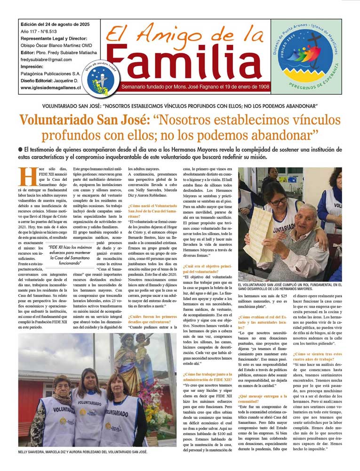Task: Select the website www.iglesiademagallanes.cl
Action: click(50, 88)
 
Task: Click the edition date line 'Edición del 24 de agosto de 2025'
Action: click(55, 24)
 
